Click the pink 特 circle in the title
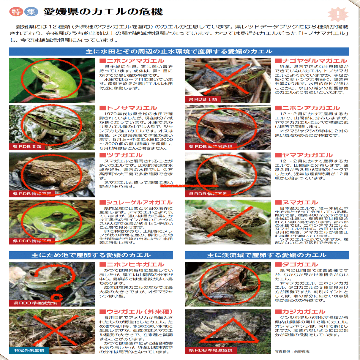coord(16,12)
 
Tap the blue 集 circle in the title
coord(31,12)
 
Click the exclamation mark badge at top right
coord(338,14)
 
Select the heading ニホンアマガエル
coord(132,61)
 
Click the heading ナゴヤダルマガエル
coord(311,61)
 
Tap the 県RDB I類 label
coord(203,99)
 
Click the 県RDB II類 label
coord(27,146)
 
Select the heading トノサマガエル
coord(129,108)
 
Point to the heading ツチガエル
coord(121,155)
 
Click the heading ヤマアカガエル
coord(304,155)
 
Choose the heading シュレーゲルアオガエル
coord(136,202)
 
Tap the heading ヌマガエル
coord(297,202)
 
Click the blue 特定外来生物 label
coord(29,350)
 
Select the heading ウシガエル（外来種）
coord(136,312)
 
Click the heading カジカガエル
coord(300,312)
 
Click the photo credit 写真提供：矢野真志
coord(292,351)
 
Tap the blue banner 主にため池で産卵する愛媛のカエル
coord(91,255)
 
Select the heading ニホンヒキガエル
coord(132,264)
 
